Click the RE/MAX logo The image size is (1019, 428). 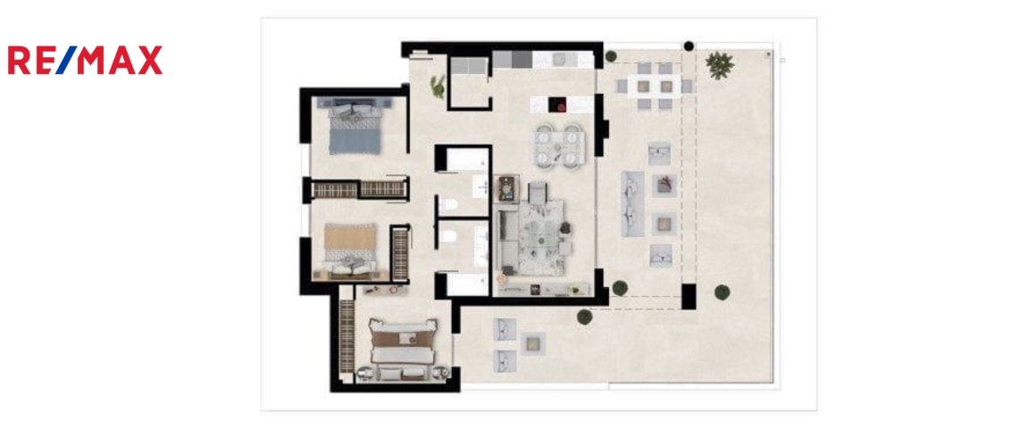[85, 61]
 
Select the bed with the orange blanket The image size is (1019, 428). [350, 251]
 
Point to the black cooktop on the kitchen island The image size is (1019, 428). [557, 104]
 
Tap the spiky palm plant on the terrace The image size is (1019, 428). [719, 65]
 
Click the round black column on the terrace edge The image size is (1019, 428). [689, 46]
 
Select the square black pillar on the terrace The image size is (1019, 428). [689, 296]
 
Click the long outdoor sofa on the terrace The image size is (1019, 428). [632, 203]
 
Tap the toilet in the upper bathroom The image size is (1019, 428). [448, 206]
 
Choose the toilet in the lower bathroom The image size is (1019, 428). [448, 237]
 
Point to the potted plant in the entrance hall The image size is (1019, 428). [439, 86]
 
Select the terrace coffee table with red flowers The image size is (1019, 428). [664, 185]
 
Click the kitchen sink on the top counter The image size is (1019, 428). [562, 60]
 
